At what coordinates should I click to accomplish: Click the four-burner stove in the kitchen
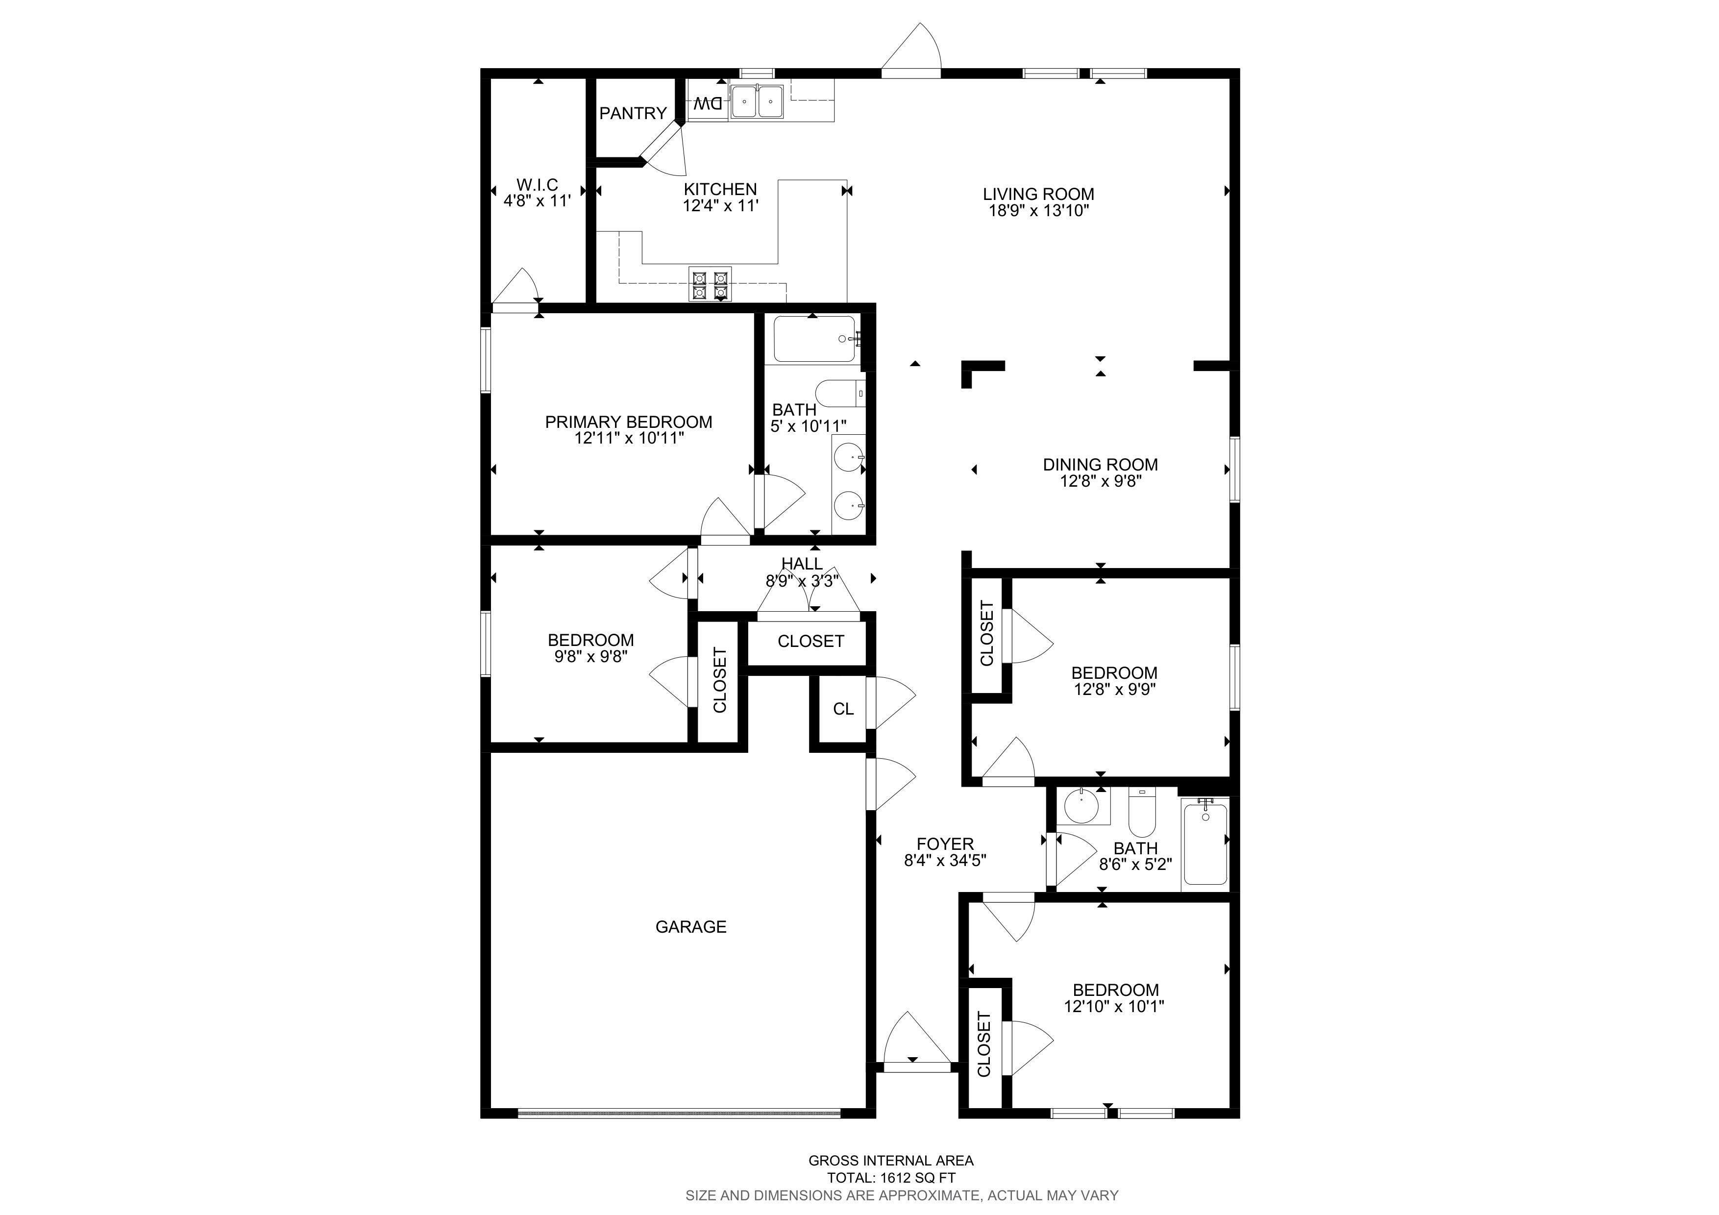pos(710,284)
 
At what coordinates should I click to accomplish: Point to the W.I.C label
pos(538,185)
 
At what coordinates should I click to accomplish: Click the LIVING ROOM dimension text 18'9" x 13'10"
pos(1038,210)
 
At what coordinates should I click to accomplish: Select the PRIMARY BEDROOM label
pos(628,422)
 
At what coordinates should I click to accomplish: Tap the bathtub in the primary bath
pos(814,339)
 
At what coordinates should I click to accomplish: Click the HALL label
pos(802,564)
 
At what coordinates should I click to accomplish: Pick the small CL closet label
pos(843,709)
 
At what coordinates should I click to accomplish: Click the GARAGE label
pos(690,927)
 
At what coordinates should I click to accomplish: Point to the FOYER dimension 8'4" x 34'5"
pos(945,861)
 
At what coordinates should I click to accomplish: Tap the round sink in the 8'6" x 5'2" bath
pos(1082,807)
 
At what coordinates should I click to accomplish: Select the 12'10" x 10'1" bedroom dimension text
pos(1114,1006)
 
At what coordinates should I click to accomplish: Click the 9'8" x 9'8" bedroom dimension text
pos(590,657)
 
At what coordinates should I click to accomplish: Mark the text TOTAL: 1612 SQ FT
pos(891,1178)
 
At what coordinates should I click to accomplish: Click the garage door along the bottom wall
pos(679,1113)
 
